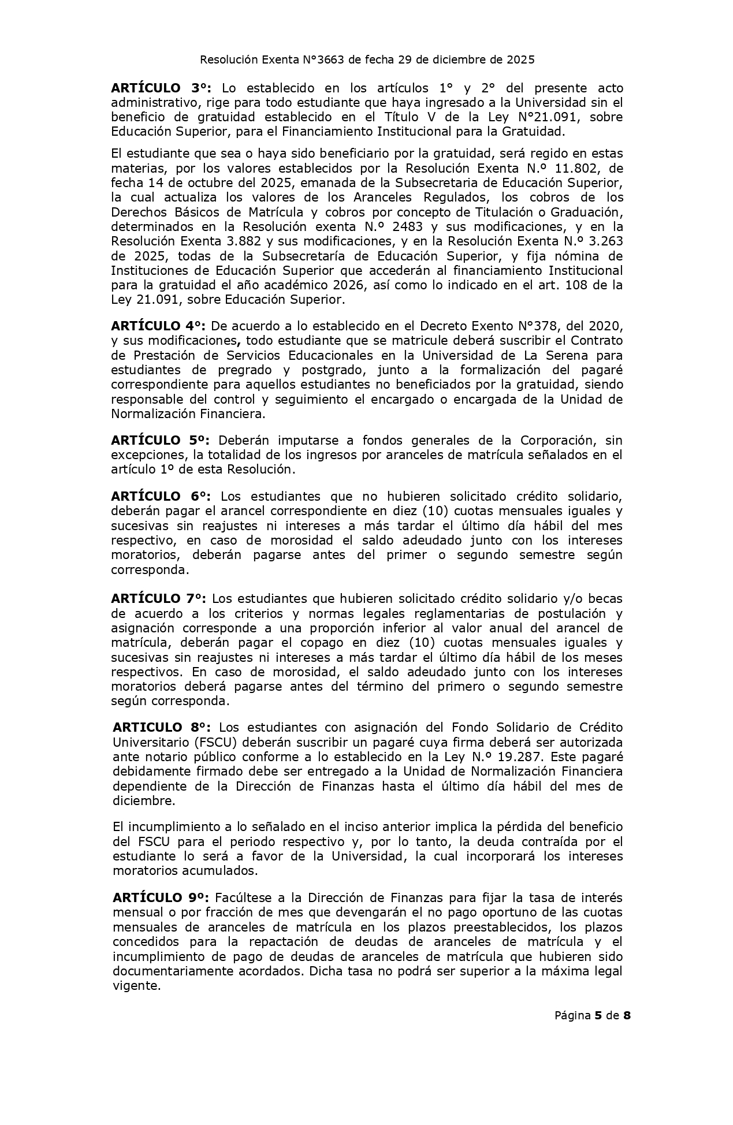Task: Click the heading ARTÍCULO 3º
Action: [x=161, y=88]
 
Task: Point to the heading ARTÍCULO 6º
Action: [x=161, y=497]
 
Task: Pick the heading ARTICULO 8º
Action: [x=162, y=727]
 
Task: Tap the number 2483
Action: [x=407, y=227]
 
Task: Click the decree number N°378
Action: [x=538, y=326]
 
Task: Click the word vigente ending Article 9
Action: [x=136, y=986]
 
